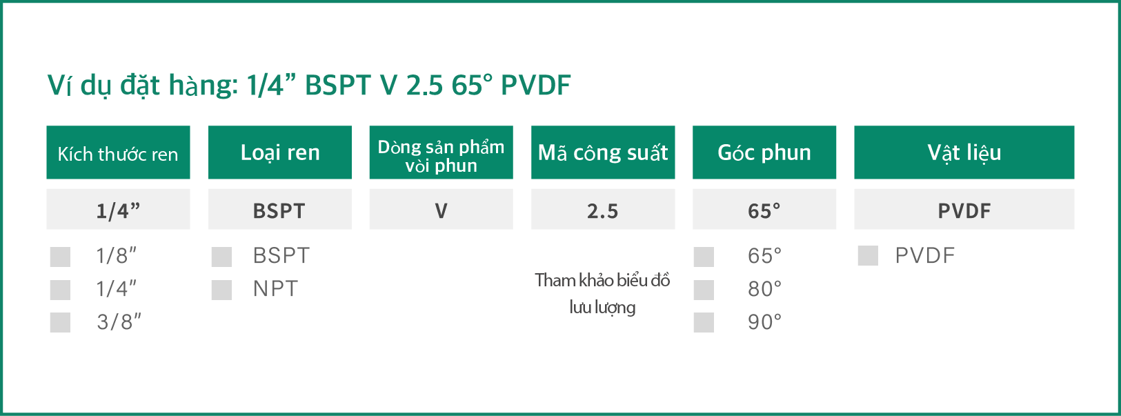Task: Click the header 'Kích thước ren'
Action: tap(118, 152)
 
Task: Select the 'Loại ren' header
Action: tap(280, 152)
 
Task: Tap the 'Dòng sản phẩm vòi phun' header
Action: tap(442, 152)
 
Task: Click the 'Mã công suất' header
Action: tap(603, 152)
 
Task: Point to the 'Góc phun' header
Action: tap(764, 152)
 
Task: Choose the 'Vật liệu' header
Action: tap(964, 152)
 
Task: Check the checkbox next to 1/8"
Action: tap(60, 257)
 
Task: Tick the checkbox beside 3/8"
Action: tap(60, 322)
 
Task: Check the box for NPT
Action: tap(221, 290)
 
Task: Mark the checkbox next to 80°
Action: tap(704, 290)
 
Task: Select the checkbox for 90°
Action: tap(704, 322)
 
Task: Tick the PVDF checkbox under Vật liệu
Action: tap(868, 255)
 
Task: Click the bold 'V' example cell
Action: tap(442, 209)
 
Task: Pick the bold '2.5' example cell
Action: tap(603, 209)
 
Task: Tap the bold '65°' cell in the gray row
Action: tap(764, 209)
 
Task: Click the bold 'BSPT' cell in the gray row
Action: tap(280, 209)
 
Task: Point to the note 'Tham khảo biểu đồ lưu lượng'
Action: tap(602, 294)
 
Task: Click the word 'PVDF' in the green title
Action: tap(535, 85)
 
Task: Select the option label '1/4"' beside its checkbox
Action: tap(117, 289)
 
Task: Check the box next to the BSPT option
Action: tap(221, 257)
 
